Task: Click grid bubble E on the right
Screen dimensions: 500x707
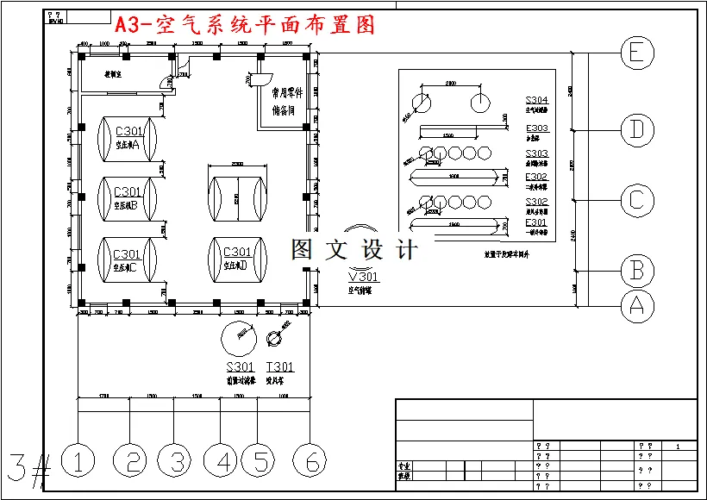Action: pyautogui.click(x=636, y=53)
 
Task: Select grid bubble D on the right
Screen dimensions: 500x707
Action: pyautogui.click(x=636, y=130)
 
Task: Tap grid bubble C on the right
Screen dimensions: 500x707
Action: pyautogui.click(x=636, y=200)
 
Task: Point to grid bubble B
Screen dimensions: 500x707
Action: pyautogui.click(x=636, y=270)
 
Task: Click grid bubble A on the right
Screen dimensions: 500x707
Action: pyautogui.click(x=636, y=304)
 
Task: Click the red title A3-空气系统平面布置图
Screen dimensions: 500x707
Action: pyautogui.click(x=245, y=26)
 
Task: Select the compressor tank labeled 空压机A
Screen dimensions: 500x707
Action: pyautogui.click(x=127, y=137)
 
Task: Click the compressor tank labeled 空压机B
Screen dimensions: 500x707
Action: pyautogui.click(x=127, y=197)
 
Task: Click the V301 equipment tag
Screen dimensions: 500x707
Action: pyautogui.click(x=363, y=277)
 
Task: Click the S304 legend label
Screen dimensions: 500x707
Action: pyautogui.click(x=536, y=101)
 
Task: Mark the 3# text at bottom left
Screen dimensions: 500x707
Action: pyautogui.click(x=28, y=466)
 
